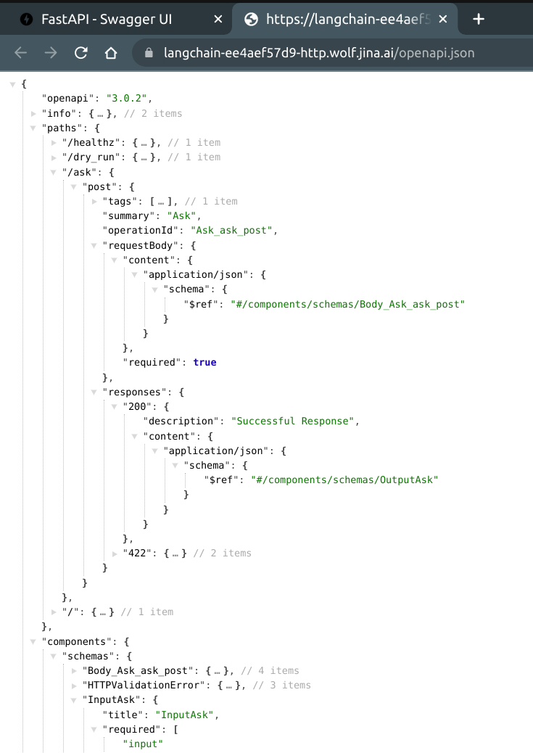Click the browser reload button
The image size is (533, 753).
tap(81, 53)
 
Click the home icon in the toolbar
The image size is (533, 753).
tap(111, 53)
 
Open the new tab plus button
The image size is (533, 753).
tap(478, 20)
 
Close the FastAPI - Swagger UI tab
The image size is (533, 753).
tap(218, 20)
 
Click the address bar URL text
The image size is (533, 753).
tap(319, 53)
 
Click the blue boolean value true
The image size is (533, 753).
tap(204, 362)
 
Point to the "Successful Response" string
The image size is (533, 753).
tap(294, 421)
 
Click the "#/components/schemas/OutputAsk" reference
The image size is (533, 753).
tap(345, 480)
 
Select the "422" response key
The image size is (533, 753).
tap(138, 553)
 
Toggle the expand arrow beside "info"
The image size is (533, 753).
tap(34, 113)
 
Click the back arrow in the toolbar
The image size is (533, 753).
tap(21, 53)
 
